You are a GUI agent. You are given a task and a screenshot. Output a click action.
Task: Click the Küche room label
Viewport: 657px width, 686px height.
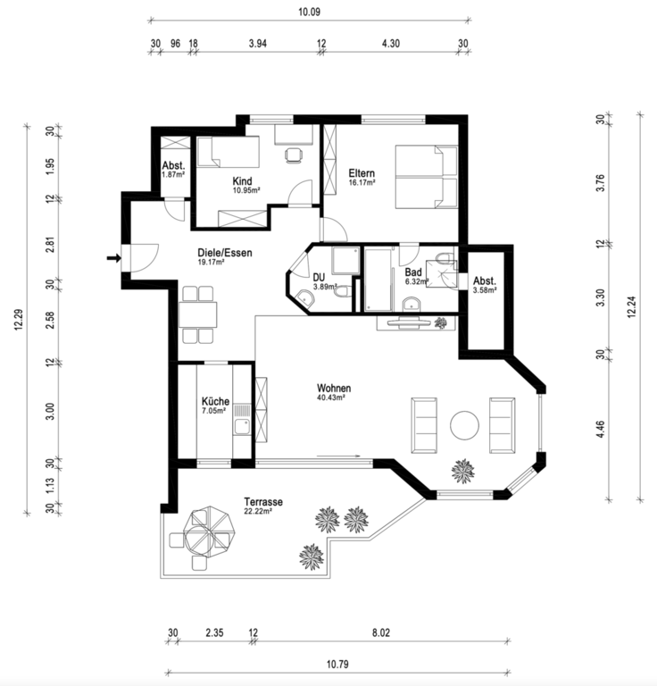pos(215,401)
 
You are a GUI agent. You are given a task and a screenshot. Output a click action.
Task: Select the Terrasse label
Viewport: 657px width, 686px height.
pos(263,502)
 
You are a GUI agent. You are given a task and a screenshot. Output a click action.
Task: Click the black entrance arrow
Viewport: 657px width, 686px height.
pos(114,258)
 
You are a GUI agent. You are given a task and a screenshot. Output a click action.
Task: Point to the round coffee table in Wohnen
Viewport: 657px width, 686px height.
pos(465,425)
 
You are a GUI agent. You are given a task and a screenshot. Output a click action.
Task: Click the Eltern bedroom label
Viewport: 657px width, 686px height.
pos(362,172)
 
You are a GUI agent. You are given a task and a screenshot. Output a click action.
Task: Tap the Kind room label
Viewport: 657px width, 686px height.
pos(242,180)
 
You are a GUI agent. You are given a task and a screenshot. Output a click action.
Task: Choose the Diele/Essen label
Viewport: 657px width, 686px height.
pos(225,253)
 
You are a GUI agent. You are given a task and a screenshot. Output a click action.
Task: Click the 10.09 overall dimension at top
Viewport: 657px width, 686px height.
pos(309,12)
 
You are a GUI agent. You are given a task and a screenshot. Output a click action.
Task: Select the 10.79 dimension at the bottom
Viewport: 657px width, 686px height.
pos(337,665)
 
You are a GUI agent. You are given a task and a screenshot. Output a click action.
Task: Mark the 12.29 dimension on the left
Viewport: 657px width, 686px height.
pos(19,320)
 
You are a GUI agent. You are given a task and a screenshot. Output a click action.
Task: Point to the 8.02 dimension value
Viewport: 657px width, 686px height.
pos(381,632)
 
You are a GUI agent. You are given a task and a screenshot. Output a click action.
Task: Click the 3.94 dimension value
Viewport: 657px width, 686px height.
pos(257,43)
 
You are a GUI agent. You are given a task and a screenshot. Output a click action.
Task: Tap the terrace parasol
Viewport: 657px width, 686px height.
pos(210,532)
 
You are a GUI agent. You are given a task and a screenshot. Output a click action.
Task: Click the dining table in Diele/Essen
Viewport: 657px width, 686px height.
pos(197,314)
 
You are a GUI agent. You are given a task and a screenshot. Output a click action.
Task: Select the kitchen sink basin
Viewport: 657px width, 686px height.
pos(242,427)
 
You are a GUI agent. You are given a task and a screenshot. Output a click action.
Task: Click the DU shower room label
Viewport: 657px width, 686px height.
pos(319,278)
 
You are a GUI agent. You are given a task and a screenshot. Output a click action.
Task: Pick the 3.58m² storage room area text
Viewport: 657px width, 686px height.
pos(485,289)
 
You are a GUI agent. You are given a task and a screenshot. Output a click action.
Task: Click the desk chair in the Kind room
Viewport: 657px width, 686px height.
pos(294,155)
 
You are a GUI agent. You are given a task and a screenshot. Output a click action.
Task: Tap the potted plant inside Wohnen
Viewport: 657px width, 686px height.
pos(463,472)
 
